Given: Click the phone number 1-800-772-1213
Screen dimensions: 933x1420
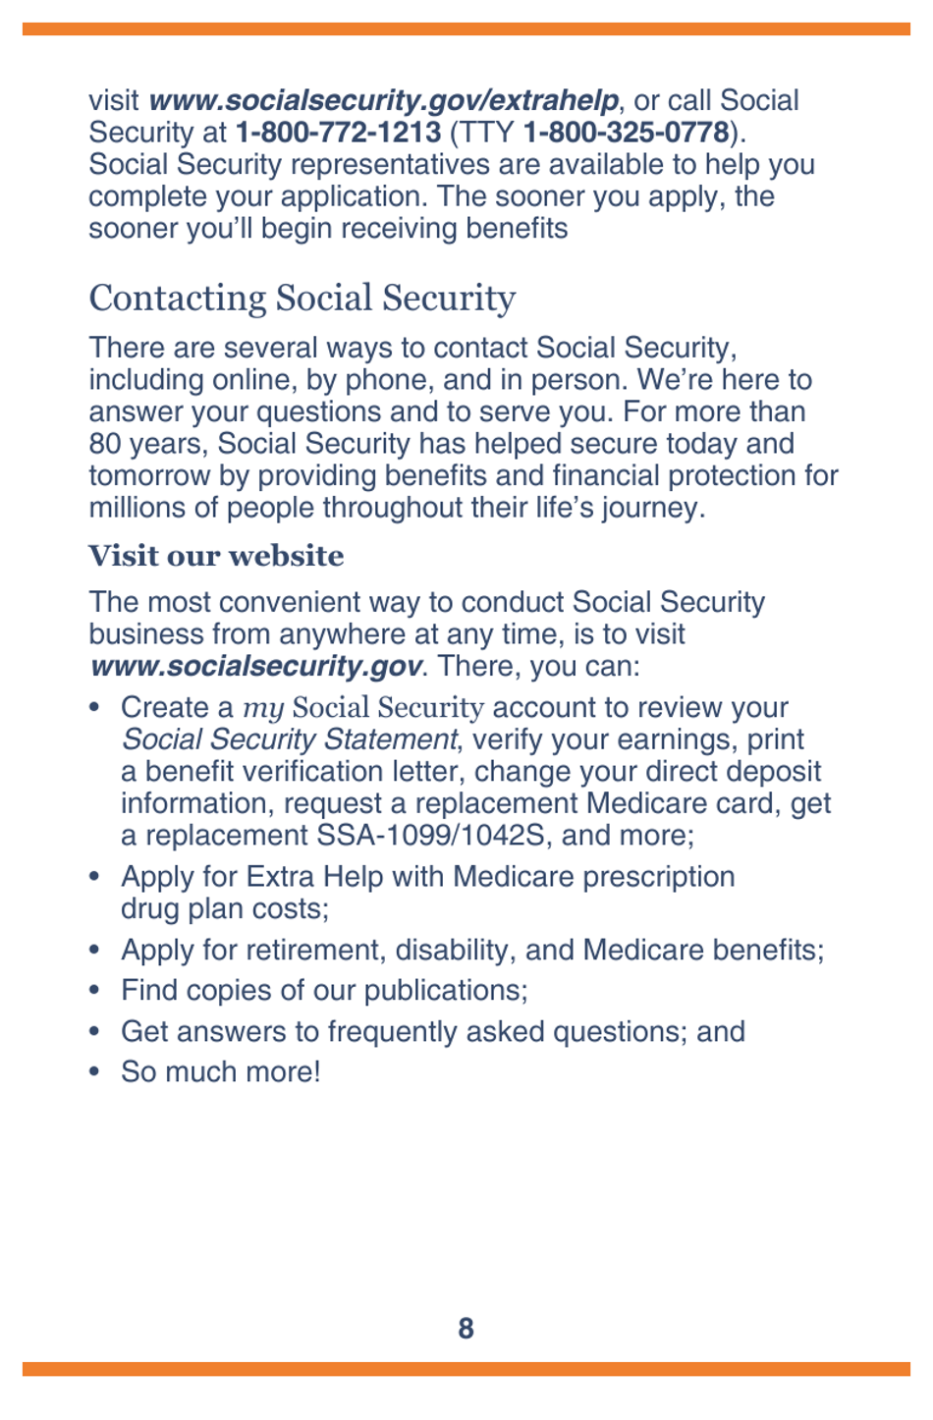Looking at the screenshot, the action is click(338, 133).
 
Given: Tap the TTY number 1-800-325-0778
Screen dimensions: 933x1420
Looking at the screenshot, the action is click(626, 133).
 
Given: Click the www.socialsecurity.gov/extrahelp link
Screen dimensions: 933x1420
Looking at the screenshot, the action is click(383, 100).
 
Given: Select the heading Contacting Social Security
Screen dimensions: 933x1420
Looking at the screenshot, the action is click(302, 298).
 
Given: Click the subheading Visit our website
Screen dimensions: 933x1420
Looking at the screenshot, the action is click(216, 556).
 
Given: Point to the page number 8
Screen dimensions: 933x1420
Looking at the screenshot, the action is click(466, 1329).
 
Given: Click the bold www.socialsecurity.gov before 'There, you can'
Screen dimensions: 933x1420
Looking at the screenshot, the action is click(255, 666).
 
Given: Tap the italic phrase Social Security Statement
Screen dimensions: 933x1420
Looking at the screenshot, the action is click(289, 739).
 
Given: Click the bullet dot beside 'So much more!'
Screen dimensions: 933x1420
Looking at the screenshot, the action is click(94, 1071).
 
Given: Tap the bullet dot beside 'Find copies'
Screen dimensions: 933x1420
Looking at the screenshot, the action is click(94, 990).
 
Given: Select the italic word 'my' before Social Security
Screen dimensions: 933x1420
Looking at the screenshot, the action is click(263, 707).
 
